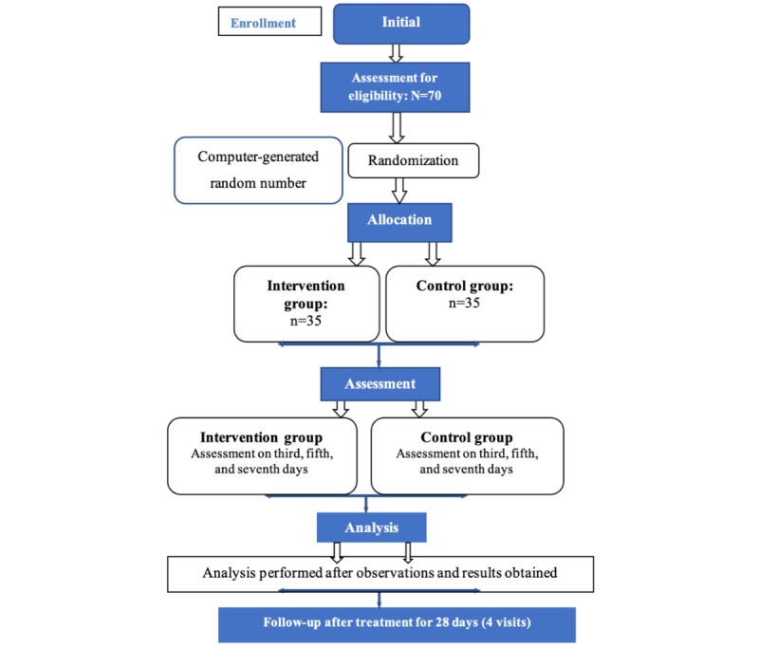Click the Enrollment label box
(x=269, y=21)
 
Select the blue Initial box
(x=401, y=24)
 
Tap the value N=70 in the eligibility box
(x=426, y=95)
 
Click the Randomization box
(x=414, y=160)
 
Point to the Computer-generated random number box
(x=258, y=171)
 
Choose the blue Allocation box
(x=399, y=222)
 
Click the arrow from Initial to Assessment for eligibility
(x=396, y=53)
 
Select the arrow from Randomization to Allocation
(x=399, y=191)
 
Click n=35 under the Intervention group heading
(x=305, y=321)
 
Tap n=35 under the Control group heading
(x=464, y=303)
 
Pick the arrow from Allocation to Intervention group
(x=357, y=254)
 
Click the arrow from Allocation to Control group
(x=433, y=254)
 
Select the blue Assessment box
(x=380, y=383)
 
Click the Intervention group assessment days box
(x=263, y=455)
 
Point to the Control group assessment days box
(x=467, y=455)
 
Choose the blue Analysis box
(x=372, y=527)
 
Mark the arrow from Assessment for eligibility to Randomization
(x=397, y=128)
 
